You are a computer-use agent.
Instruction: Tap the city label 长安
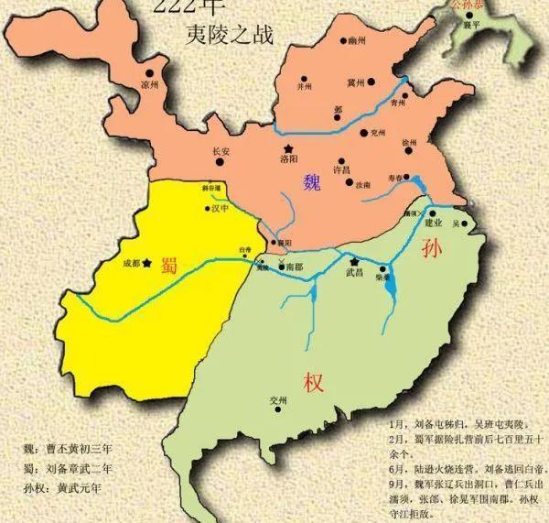click(221, 152)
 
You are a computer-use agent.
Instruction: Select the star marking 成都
click(146, 263)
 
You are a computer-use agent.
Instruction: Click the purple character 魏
click(313, 183)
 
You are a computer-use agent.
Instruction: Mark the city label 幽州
click(356, 41)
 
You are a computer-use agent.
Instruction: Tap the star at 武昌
click(352, 261)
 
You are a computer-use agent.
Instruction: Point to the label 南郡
click(294, 267)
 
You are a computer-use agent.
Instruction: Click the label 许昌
click(339, 170)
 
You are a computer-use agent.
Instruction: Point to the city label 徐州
click(409, 144)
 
